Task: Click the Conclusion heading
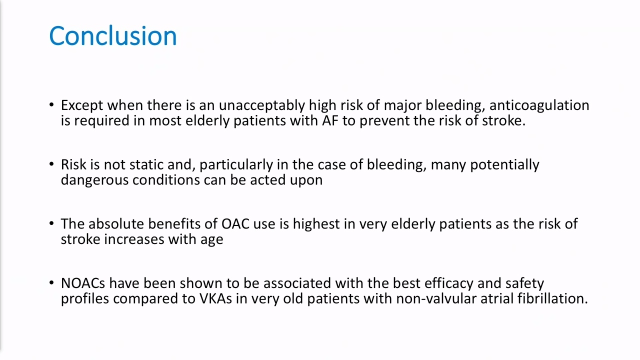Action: [x=113, y=36]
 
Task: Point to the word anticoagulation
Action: [x=539, y=105]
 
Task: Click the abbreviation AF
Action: [x=330, y=120]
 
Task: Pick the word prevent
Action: [x=384, y=121]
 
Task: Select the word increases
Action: [x=134, y=239]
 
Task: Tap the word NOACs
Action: [x=83, y=283]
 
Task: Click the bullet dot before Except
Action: [x=51, y=105]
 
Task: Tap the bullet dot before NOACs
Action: [x=51, y=283]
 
